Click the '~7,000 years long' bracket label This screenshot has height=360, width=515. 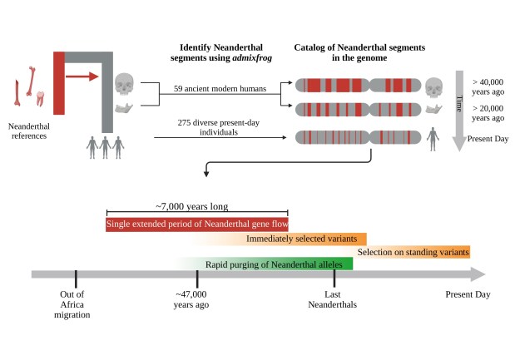point(196,206)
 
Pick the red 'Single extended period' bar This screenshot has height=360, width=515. point(196,224)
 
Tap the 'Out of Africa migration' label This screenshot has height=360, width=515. point(75,304)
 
